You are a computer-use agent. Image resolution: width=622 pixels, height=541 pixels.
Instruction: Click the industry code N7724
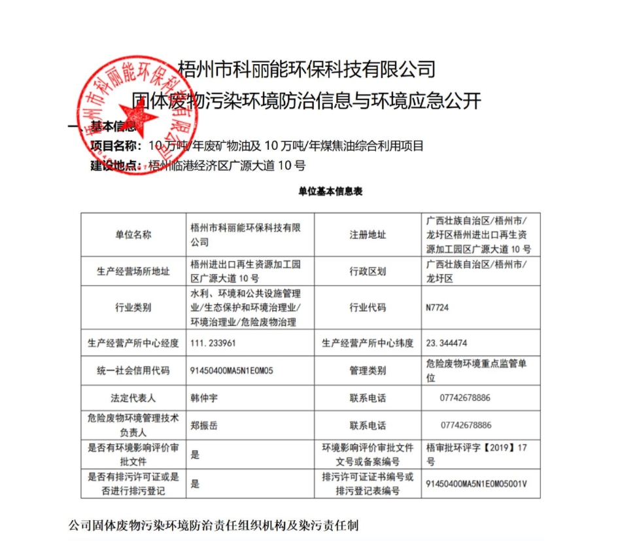tap(438, 307)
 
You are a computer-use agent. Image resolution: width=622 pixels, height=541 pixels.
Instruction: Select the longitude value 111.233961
tap(213, 342)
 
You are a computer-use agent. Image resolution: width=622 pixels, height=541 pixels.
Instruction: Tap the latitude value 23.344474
tap(447, 342)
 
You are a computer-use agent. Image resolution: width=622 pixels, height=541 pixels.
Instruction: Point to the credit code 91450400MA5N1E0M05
tap(232, 370)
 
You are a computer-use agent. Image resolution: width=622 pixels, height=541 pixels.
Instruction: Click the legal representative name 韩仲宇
tap(203, 398)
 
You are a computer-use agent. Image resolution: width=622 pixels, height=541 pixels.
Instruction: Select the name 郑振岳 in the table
tap(203, 425)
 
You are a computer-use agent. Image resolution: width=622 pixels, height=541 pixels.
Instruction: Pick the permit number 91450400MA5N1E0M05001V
tap(476, 484)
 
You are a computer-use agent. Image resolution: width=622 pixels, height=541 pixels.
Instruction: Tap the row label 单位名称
tap(133, 235)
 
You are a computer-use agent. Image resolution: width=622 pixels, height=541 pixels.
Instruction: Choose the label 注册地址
tap(368, 235)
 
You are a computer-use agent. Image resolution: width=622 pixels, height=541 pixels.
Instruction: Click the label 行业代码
tap(368, 307)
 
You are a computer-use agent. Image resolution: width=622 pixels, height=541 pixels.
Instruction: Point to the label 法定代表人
tap(133, 398)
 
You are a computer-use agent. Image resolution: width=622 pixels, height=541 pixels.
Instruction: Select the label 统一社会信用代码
tap(133, 370)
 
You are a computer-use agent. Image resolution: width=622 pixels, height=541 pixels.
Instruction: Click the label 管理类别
tap(368, 370)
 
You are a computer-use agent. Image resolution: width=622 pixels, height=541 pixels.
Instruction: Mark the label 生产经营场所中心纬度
tap(368, 342)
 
